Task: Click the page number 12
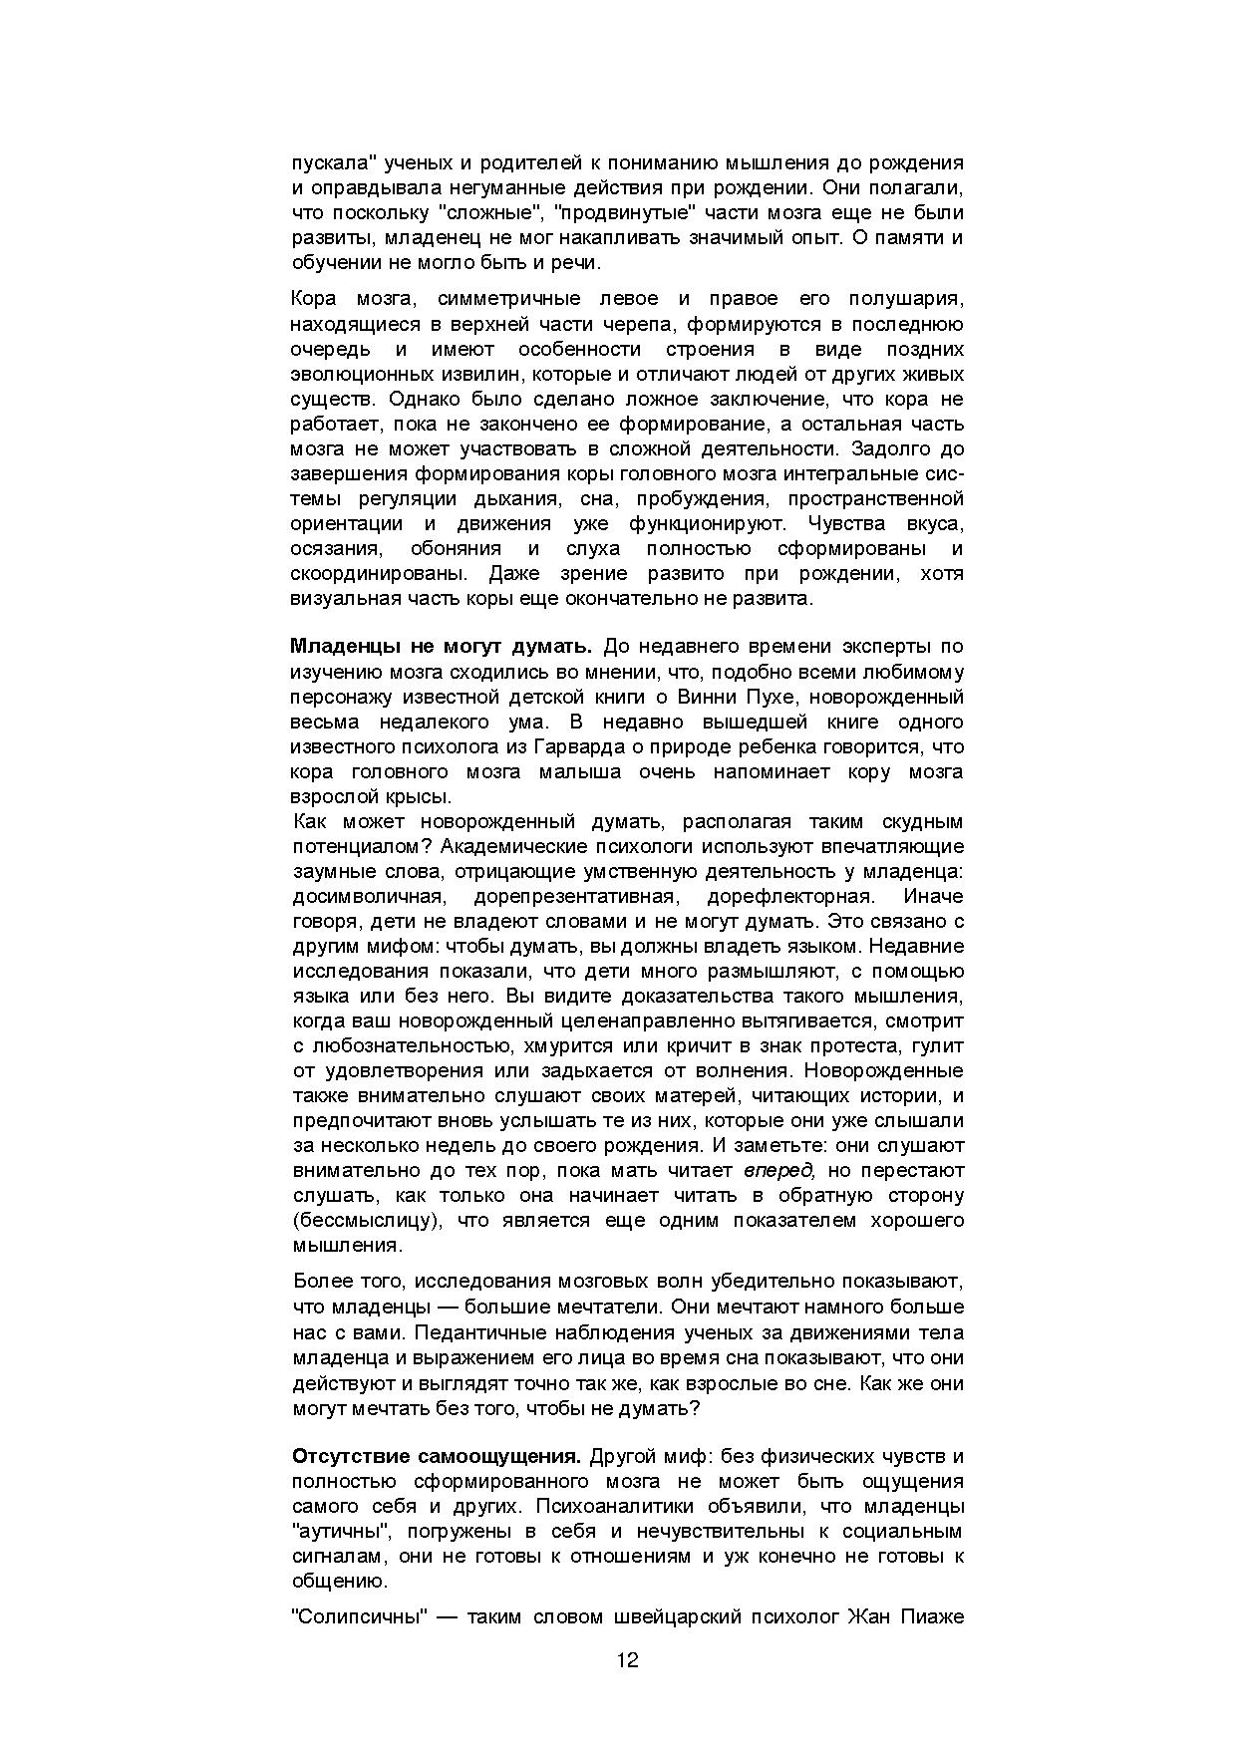tap(627, 1660)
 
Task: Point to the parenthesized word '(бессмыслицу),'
tap(366, 1220)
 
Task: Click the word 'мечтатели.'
tap(613, 1307)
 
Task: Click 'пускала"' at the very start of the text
tap(330, 162)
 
